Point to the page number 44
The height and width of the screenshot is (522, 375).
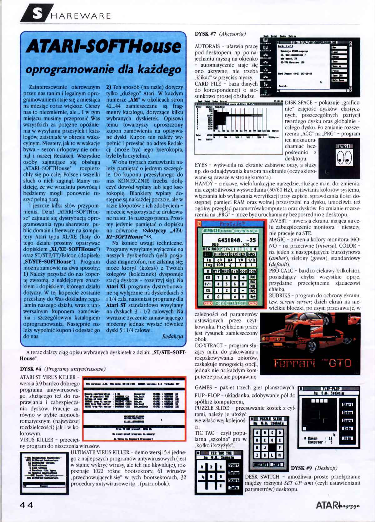pos(27,505)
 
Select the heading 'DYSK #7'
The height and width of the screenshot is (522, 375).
pos(205,34)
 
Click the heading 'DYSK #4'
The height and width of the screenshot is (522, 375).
pos(31,369)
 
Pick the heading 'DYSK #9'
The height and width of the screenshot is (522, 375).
pos(301,468)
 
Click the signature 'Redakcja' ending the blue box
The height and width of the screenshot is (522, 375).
pos(172,336)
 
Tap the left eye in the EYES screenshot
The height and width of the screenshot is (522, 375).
pos(340,158)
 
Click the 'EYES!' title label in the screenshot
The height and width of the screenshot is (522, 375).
pos(344,146)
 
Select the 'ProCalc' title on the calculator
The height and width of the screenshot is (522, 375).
pos(233,224)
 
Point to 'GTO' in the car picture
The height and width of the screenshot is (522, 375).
pos(340,363)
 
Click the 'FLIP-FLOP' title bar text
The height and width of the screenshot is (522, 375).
pos(331,389)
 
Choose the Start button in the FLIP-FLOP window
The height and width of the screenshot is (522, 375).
pos(347,404)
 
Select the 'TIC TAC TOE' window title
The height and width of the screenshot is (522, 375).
pos(221,453)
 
